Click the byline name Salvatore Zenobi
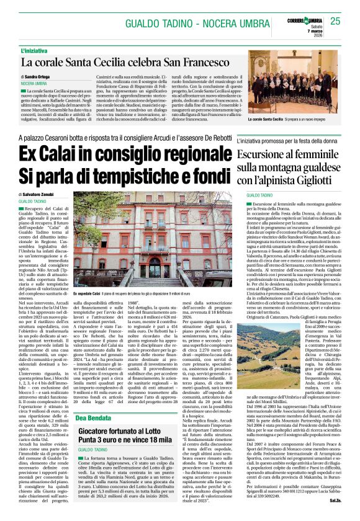(x=43, y=195)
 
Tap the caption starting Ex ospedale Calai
(x=134, y=293)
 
